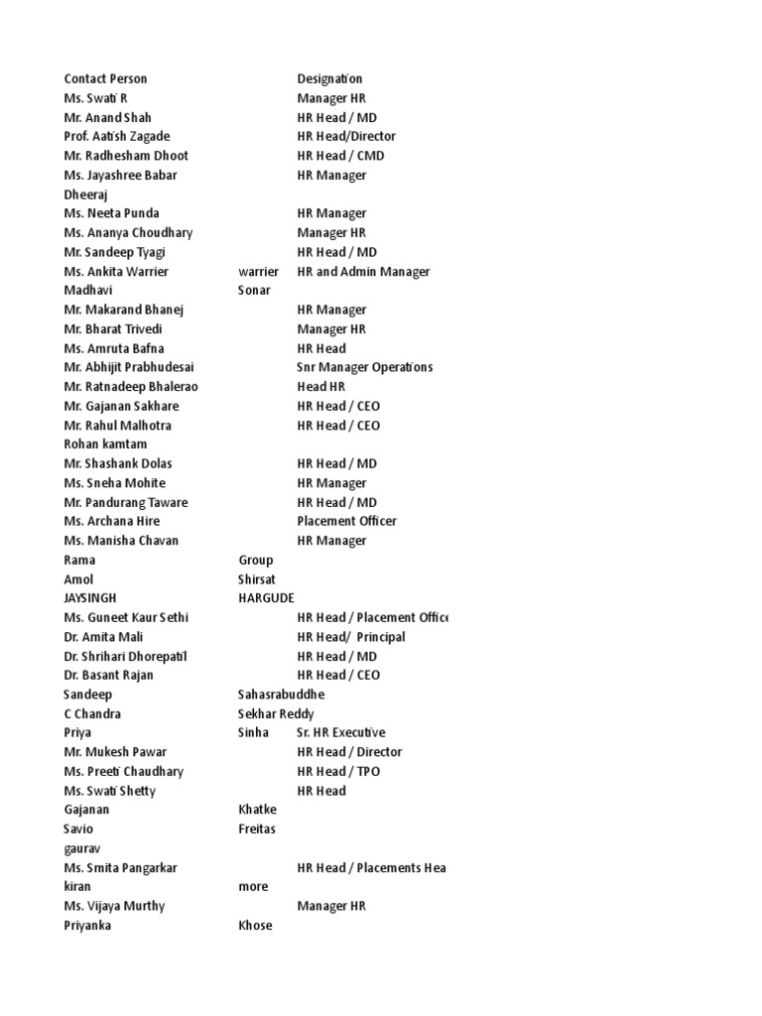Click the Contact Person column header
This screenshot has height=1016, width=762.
(x=105, y=78)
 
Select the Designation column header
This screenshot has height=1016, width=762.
(x=329, y=78)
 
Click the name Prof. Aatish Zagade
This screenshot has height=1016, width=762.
(x=117, y=136)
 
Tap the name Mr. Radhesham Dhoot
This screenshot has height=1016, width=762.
(x=126, y=156)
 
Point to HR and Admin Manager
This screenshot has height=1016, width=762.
(x=363, y=271)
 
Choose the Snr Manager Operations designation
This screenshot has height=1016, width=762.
(x=364, y=367)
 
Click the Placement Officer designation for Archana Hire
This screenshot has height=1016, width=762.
(x=346, y=521)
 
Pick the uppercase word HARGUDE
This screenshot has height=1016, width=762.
(x=266, y=597)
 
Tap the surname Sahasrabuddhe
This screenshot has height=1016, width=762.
(x=281, y=695)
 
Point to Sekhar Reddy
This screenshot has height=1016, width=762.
(x=276, y=713)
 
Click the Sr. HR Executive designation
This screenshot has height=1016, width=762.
(x=340, y=732)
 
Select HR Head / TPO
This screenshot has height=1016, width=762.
(x=338, y=771)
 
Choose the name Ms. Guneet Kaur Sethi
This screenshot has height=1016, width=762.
(x=126, y=617)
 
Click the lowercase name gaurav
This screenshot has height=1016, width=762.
(x=83, y=848)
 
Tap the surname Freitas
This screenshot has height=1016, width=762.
(x=257, y=828)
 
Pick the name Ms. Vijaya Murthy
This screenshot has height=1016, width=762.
(x=114, y=906)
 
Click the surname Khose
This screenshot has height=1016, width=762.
(x=255, y=925)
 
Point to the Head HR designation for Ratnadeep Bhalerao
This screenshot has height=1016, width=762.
(x=320, y=386)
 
